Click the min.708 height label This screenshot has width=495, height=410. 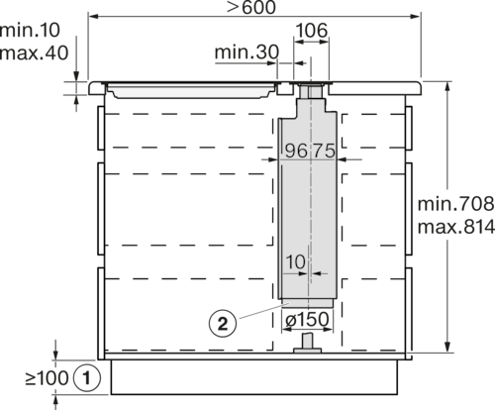click(x=452, y=204)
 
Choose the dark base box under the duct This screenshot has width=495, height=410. click(x=309, y=321)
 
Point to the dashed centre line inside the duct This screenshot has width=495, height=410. click(x=312, y=198)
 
